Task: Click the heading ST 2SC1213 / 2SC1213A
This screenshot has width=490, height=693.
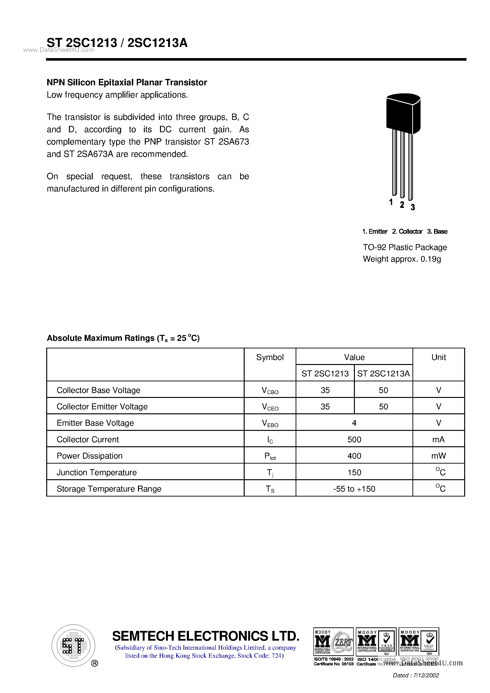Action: click(117, 43)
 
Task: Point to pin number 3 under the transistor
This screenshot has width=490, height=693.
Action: click(413, 207)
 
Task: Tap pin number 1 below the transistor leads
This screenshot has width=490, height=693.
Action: click(391, 202)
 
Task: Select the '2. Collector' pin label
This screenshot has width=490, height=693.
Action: click(407, 232)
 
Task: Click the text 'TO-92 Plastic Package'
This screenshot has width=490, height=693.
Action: click(405, 247)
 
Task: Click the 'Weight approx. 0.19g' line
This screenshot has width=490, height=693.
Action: click(402, 259)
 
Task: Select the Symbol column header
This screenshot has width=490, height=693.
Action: click(270, 357)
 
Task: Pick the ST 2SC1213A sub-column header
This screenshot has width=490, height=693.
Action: click(383, 374)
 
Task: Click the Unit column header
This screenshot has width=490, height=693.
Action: click(438, 357)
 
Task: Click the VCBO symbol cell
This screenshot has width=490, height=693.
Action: click(270, 391)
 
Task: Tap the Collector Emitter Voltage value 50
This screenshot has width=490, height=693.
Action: click(383, 406)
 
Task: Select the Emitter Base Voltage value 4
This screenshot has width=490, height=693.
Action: click(354, 423)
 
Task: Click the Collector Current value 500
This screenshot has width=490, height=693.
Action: click(354, 439)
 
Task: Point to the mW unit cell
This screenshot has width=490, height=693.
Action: click(438, 456)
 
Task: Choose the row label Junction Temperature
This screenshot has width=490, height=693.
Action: click(97, 472)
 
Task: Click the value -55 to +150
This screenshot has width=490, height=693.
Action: click(354, 489)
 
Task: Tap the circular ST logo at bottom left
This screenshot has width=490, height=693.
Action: click(73, 646)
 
